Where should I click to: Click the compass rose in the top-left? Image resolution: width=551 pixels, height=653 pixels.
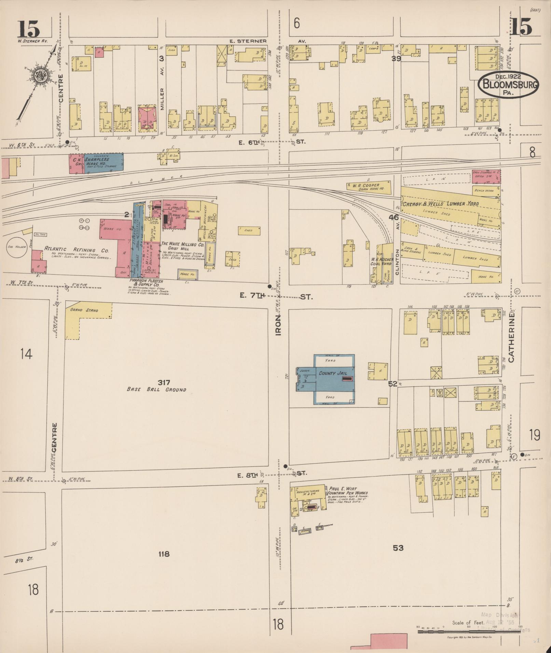click(x=40, y=76)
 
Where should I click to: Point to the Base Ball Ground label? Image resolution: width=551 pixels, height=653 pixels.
click(x=156, y=389)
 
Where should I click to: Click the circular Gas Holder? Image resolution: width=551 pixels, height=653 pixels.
click(x=17, y=247)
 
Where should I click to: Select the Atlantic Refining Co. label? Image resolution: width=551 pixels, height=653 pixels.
click(x=76, y=250)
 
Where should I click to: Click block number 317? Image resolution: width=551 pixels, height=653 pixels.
click(x=164, y=382)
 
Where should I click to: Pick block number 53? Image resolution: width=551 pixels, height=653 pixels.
click(x=398, y=548)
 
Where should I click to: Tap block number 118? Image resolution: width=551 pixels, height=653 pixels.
click(x=164, y=554)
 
